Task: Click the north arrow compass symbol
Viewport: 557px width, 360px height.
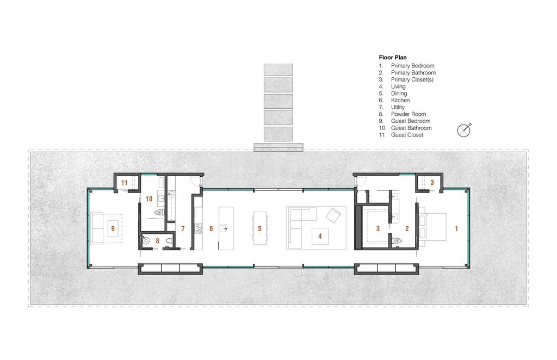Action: pos(464,131)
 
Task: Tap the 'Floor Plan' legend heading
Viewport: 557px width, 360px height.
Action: pos(393,58)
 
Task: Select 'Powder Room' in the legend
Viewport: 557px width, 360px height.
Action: pos(409,114)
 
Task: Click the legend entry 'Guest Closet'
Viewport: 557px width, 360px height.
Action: pos(407,135)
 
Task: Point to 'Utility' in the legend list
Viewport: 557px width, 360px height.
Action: pos(398,107)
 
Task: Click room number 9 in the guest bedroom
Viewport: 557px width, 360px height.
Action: pos(113,228)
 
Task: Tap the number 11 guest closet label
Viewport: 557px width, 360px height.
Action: pos(124,183)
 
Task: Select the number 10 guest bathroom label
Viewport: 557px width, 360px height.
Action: pos(149,199)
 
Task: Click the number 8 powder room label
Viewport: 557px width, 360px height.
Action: pos(157,241)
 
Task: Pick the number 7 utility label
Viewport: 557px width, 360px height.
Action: pos(183,228)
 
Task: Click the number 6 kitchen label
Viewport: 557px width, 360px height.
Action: pos(211,228)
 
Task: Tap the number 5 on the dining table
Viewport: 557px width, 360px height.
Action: pos(259,228)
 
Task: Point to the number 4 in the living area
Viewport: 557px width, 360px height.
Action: pos(320,235)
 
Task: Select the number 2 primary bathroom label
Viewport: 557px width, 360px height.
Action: pos(407,228)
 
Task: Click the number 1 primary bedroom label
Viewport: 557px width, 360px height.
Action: pos(456,228)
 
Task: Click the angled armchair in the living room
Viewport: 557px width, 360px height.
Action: pos(333,215)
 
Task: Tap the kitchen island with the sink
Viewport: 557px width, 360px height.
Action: pos(226,228)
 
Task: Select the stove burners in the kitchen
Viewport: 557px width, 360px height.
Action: pos(199,228)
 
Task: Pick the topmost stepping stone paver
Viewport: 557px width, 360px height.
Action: pos(278,69)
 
